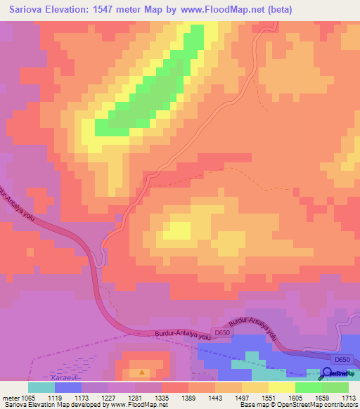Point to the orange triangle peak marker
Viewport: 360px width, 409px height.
coord(143,372)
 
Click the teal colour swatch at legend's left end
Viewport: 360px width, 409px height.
coord(41,387)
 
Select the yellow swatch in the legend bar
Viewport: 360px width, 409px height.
coord(281,387)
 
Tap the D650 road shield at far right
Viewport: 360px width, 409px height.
coord(342,360)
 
